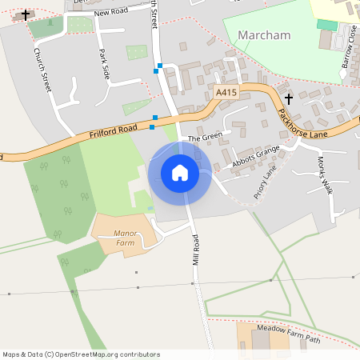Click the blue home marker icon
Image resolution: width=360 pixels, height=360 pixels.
(x=180, y=173)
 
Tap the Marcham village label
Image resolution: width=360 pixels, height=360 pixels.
(x=264, y=36)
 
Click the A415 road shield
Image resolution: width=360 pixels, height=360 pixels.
(x=226, y=94)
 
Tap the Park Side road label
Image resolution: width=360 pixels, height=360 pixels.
(x=103, y=64)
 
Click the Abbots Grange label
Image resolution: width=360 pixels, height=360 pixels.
(x=256, y=154)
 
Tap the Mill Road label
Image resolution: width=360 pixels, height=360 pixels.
(x=195, y=250)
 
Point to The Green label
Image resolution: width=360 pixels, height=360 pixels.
(x=203, y=138)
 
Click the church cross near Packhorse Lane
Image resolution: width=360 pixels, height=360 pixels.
(x=288, y=98)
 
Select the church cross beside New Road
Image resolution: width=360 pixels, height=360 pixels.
(x=26, y=14)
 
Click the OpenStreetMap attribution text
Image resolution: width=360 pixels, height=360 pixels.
(x=82, y=354)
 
